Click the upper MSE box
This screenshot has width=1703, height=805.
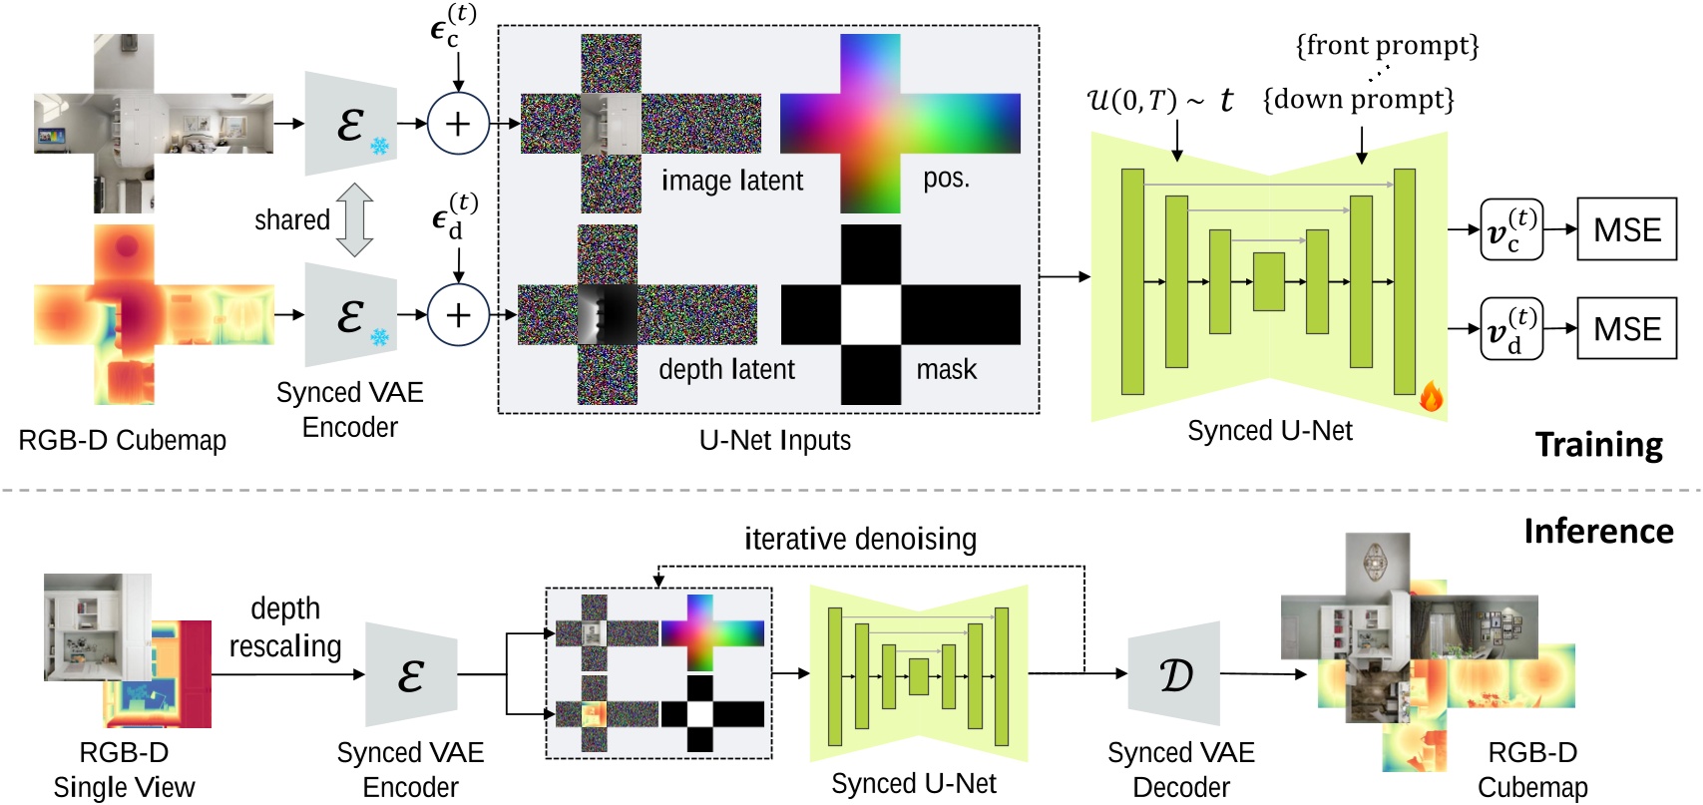click(x=1626, y=229)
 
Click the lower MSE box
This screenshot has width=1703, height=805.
click(x=1626, y=328)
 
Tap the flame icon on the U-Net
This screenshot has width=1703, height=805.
click(x=1431, y=397)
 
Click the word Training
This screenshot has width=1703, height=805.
click(x=1598, y=445)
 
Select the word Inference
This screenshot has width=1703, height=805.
click(x=1598, y=531)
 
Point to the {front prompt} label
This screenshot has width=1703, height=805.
click(x=1387, y=46)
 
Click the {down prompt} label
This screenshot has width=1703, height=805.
click(x=1359, y=100)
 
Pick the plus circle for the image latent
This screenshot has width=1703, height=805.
click(x=458, y=124)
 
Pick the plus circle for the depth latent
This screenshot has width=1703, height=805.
click(x=458, y=314)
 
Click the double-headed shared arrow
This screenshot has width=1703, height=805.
click(x=355, y=219)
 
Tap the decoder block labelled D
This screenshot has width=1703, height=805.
click(x=1174, y=674)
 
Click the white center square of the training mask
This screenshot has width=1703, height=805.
click(x=871, y=314)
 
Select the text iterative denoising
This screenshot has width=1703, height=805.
click(x=860, y=540)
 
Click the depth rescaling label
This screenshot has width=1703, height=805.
click(x=285, y=627)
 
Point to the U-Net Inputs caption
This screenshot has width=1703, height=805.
click(x=775, y=440)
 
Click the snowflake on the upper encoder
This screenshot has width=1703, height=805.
click(x=380, y=147)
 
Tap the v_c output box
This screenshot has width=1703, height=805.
click(x=1510, y=229)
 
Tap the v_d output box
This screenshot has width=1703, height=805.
click(x=1510, y=328)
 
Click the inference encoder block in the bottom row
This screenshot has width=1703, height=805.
click(x=411, y=675)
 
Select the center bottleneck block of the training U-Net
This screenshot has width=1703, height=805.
click(x=1268, y=282)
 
